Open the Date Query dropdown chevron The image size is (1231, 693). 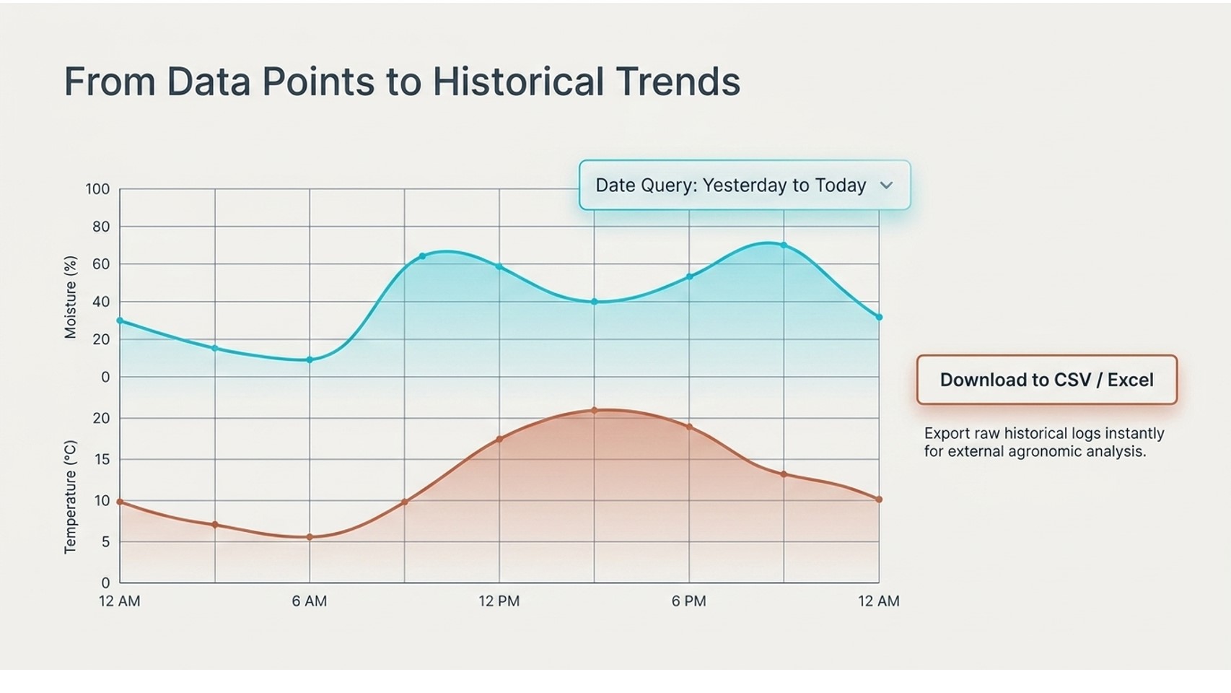pos(886,186)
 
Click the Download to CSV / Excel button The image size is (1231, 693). pos(1046,380)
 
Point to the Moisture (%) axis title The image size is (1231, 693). pos(70,297)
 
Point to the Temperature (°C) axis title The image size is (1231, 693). pos(70,497)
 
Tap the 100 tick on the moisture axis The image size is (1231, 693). pos(97,189)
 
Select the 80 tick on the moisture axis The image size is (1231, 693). pos(101,227)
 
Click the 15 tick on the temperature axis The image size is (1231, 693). pos(102,459)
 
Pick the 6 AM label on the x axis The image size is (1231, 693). pos(310,601)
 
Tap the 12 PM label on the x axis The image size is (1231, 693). pos(499,601)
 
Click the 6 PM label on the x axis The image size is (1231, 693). pos(688,601)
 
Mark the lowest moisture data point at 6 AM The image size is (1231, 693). pos(310,359)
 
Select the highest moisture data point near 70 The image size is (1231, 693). pos(784,245)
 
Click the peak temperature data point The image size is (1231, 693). pos(594,410)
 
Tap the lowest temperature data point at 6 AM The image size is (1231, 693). pos(310,537)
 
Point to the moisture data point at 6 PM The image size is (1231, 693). pos(690,276)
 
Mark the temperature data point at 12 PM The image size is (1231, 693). pos(499,439)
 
